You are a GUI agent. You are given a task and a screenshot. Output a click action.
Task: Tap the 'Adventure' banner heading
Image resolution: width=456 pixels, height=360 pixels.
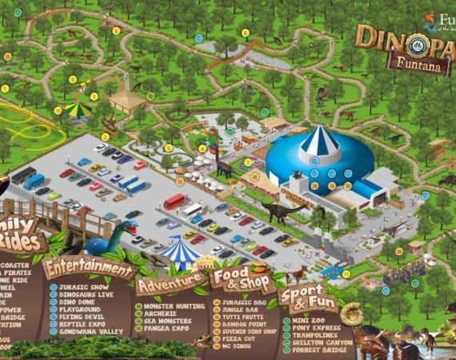click(x=170, y=283)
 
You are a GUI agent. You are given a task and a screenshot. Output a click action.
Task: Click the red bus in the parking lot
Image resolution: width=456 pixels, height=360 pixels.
click(x=174, y=201)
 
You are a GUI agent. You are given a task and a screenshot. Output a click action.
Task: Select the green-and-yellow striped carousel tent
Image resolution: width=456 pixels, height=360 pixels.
click(x=78, y=109)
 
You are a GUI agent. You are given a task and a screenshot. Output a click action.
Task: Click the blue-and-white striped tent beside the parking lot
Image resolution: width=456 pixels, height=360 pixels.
click(x=179, y=254)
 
